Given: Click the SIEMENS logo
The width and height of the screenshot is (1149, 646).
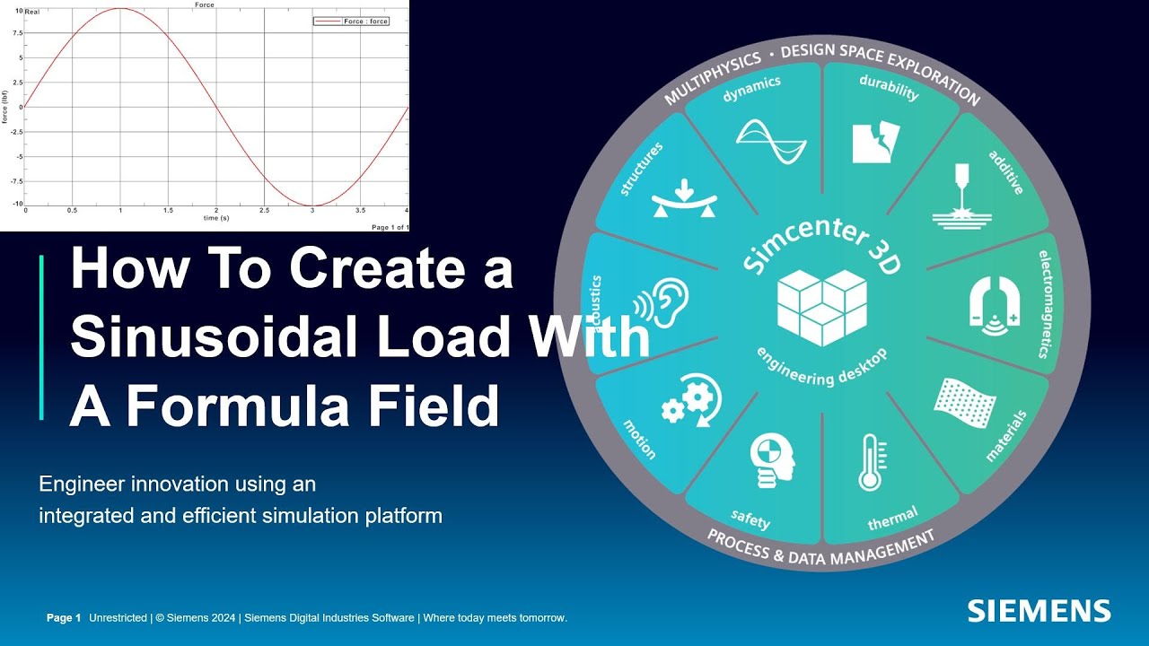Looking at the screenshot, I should point(1039,611).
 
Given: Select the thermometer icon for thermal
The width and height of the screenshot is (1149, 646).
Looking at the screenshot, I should point(869,462).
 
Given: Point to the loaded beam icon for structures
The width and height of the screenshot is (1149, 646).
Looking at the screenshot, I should point(684,198).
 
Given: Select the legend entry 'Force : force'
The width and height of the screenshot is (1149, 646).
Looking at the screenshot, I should point(351,21).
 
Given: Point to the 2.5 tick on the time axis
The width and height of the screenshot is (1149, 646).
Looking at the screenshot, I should point(264,210).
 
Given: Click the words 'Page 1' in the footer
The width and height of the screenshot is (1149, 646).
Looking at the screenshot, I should point(64,618).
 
